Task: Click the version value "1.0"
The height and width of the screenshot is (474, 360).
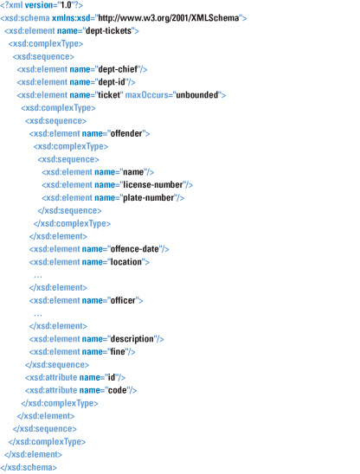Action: (x=66, y=5)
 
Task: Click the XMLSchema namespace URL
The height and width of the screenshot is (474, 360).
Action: (x=169, y=18)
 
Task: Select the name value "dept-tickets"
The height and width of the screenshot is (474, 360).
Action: (x=108, y=31)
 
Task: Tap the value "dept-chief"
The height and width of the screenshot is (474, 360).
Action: (x=118, y=69)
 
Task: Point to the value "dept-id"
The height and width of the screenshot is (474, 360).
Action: (x=112, y=82)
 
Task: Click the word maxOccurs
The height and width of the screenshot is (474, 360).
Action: (x=146, y=95)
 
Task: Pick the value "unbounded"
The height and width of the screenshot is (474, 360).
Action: (x=197, y=95)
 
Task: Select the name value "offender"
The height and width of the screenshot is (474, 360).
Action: (x=126, y=133)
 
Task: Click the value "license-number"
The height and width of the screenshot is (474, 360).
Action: (x=153, y=185)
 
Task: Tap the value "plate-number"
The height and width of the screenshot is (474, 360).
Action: (x=149, y=198)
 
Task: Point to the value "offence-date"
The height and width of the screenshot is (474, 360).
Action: (x=135, y=249)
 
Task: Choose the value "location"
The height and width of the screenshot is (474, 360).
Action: (x=126, y=262)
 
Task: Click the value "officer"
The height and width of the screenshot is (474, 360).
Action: (x=123, y=300)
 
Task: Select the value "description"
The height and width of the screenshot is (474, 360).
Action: (x=132, y=339)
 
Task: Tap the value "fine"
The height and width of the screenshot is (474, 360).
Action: (x=118, y=351)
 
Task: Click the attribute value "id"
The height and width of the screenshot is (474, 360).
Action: (x=112, y=377)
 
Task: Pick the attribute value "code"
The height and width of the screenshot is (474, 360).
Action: (x=118, y=390)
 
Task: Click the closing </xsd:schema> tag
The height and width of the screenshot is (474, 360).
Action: (x=29, y=467)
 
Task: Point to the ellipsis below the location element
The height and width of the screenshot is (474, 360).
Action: (x=38, y=276)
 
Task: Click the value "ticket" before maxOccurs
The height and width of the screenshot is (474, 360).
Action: (x=109, y=95)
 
